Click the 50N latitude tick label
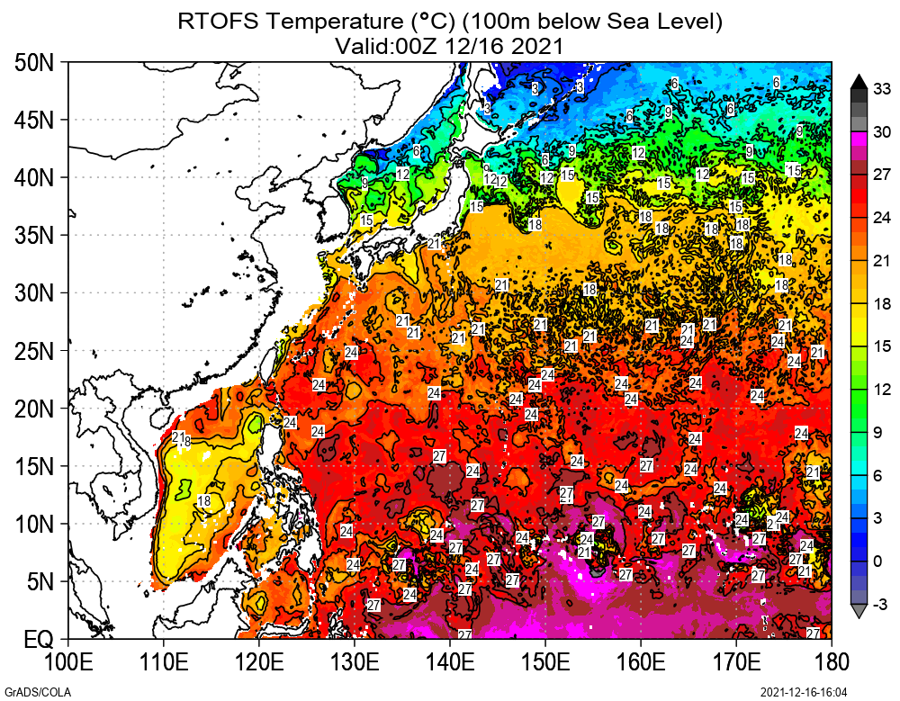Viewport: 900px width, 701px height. click(34, 63)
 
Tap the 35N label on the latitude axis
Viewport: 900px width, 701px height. click(34, 236)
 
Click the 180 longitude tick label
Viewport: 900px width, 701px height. click(831, 663)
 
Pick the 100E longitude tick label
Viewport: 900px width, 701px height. click(67, 663)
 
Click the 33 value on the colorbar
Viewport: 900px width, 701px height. click(881, 89)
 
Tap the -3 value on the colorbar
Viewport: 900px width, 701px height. click(881, 604)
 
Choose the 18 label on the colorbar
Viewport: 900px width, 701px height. click(881, 303)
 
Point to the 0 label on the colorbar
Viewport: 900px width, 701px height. click(877, 562)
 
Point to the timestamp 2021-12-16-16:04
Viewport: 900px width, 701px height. click(804, 691)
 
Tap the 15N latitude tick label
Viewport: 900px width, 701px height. click(34, 467)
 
